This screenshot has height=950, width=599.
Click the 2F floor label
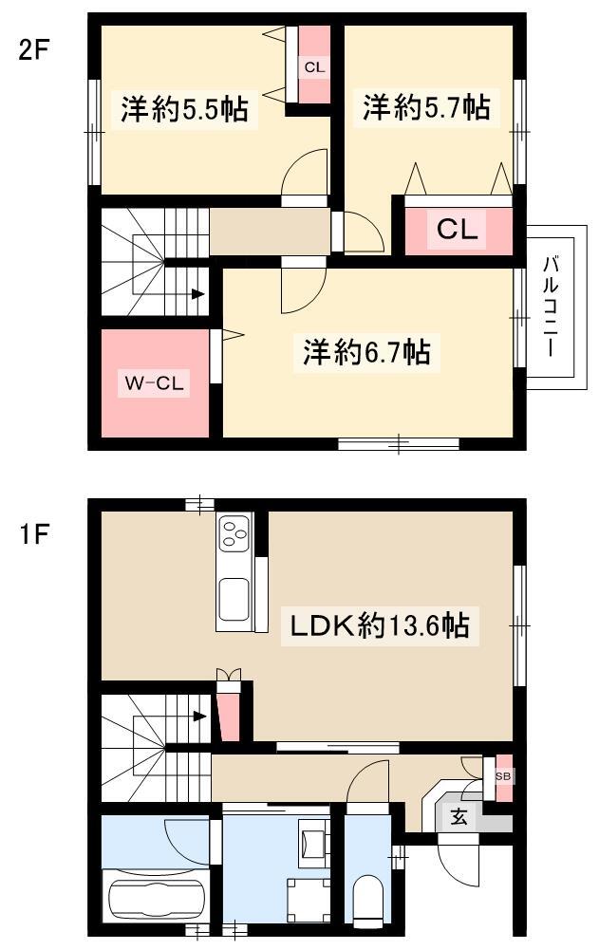[x=32, y=50]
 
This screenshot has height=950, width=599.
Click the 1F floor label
[x=32, y=534]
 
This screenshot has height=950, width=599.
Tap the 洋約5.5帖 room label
[x=184, y=110]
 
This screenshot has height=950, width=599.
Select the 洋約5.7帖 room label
[x=427, y=107]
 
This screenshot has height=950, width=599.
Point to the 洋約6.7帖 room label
[x=367, y=351]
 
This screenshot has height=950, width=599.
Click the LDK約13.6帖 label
[x=380, y=625]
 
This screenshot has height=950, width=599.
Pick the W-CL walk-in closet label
[x=154, y=382]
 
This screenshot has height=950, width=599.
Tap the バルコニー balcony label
[x=551, y=307]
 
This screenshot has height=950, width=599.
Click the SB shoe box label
[x=503, y=776]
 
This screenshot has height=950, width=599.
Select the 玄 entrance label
[x=459, y=817]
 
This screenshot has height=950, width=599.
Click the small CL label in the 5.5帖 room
[x=314, y=67]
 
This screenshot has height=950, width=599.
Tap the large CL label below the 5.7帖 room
[x=458, y=230]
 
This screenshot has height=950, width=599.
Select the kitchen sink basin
[x=234, y=600]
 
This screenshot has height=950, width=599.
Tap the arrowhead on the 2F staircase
[x=197, y=294]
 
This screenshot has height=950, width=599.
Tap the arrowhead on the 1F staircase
[x=198, y=716]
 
